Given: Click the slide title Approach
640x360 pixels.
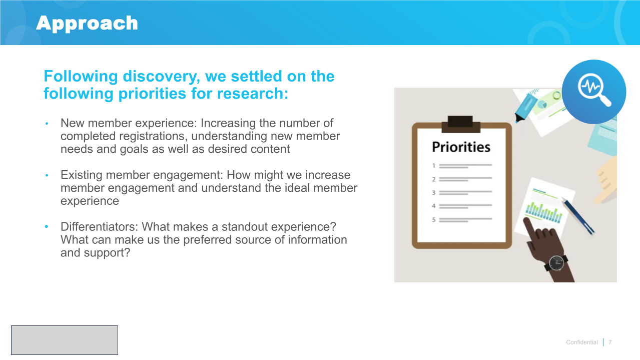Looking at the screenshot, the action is (x=87, y=24).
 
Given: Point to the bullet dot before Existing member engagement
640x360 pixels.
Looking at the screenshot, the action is (x=47, y=175).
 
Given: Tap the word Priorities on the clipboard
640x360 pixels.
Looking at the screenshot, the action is (x=461, y=147).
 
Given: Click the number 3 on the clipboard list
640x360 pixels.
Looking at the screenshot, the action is (x=434, y=193).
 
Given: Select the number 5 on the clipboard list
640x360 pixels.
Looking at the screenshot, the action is (x=434, y=220).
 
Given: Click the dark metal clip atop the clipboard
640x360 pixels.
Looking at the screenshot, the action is (x=460, y=124).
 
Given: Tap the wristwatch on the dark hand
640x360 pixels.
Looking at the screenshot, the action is (x=556, y=263).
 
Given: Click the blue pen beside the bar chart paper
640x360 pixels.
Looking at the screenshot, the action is (x=578, y=216).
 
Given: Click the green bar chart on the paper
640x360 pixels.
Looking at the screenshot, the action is (x=543, y=213).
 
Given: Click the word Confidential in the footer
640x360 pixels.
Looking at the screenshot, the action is (x=582, y=342).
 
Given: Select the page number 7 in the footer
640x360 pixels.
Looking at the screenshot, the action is (x=610, y=342).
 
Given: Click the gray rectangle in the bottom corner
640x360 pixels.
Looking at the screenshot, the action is (x=65, y=340).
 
